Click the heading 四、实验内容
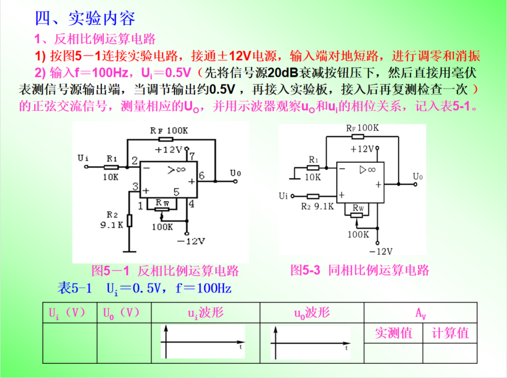tap(85, 18)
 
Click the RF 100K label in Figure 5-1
tap(169, 130)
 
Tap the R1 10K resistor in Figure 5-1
tap(111, 167)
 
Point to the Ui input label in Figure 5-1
tap(83, 157)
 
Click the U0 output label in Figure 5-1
tap(236, 173)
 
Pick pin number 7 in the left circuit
tap(191, 156)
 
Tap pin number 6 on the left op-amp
tap(202, 175)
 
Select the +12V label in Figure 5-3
tap(364, 149)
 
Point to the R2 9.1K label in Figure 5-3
tap(317, 206)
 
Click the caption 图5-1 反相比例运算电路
tap(165, 271)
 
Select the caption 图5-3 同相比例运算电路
tap(360, 271)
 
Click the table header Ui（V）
tap(70, 313)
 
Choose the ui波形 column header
tap(205, 313)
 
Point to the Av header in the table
tap(421, 313)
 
